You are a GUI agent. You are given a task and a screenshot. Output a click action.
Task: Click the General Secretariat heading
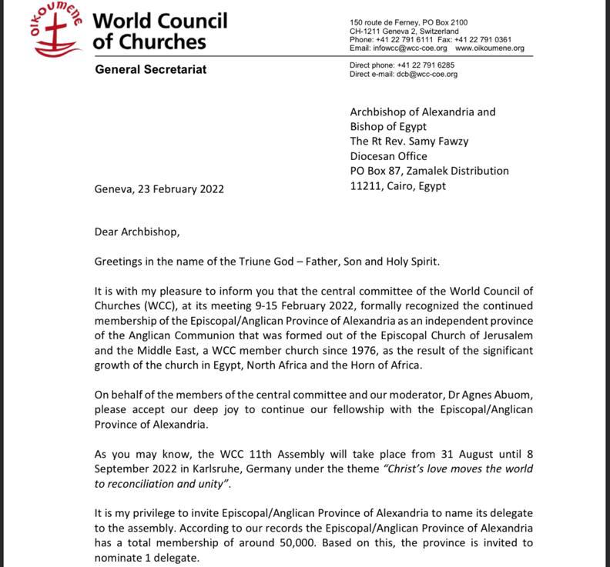[x=150, y=69]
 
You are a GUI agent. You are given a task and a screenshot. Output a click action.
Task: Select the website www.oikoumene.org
[x=490, y=48]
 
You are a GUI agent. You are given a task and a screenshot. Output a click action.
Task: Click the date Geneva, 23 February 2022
[x=159, y=189]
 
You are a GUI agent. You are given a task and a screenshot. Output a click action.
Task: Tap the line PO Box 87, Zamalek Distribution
[x=429, y=171]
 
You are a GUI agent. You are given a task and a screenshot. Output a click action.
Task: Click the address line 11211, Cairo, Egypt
[x=397, y=185]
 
